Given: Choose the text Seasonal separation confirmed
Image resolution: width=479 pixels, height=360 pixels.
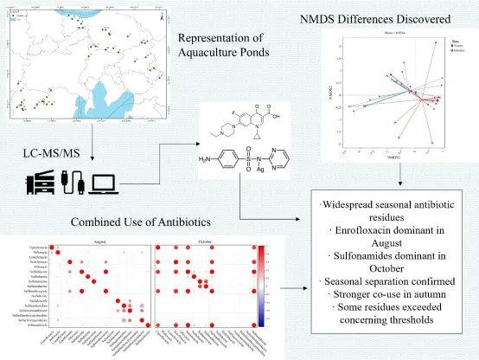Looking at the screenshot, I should [393, 282].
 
